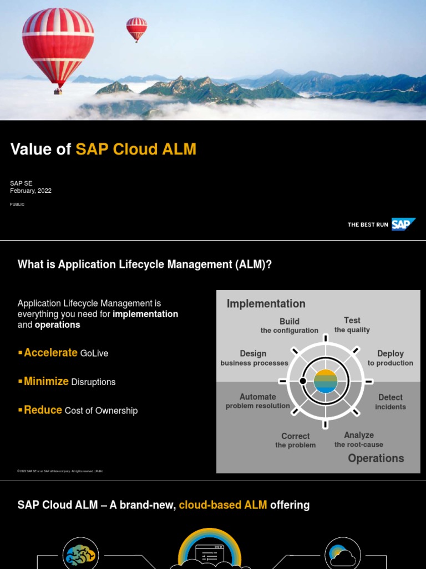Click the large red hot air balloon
coord(58,44)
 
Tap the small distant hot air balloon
coord(136,28)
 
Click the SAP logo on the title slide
coord(403,224)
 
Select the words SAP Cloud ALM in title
coord(136,149)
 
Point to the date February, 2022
coord(31,191)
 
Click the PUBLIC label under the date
coord(17,204)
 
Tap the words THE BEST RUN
coord(368,224)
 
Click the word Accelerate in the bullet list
coord(50,353)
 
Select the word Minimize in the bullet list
coord(46,382)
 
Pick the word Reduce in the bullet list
coord(43,410)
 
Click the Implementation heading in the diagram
coord(266,303)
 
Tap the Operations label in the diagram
coord(376,458)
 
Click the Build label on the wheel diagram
coord(290,321)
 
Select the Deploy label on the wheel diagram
coord(390,353)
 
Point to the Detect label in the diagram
coord(390,397)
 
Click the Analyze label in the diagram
coord(358,435)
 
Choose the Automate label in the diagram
coord(257,397)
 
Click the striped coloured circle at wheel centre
coord(326,381)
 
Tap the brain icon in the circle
coord(80,554)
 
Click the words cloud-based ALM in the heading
coord(223,505)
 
